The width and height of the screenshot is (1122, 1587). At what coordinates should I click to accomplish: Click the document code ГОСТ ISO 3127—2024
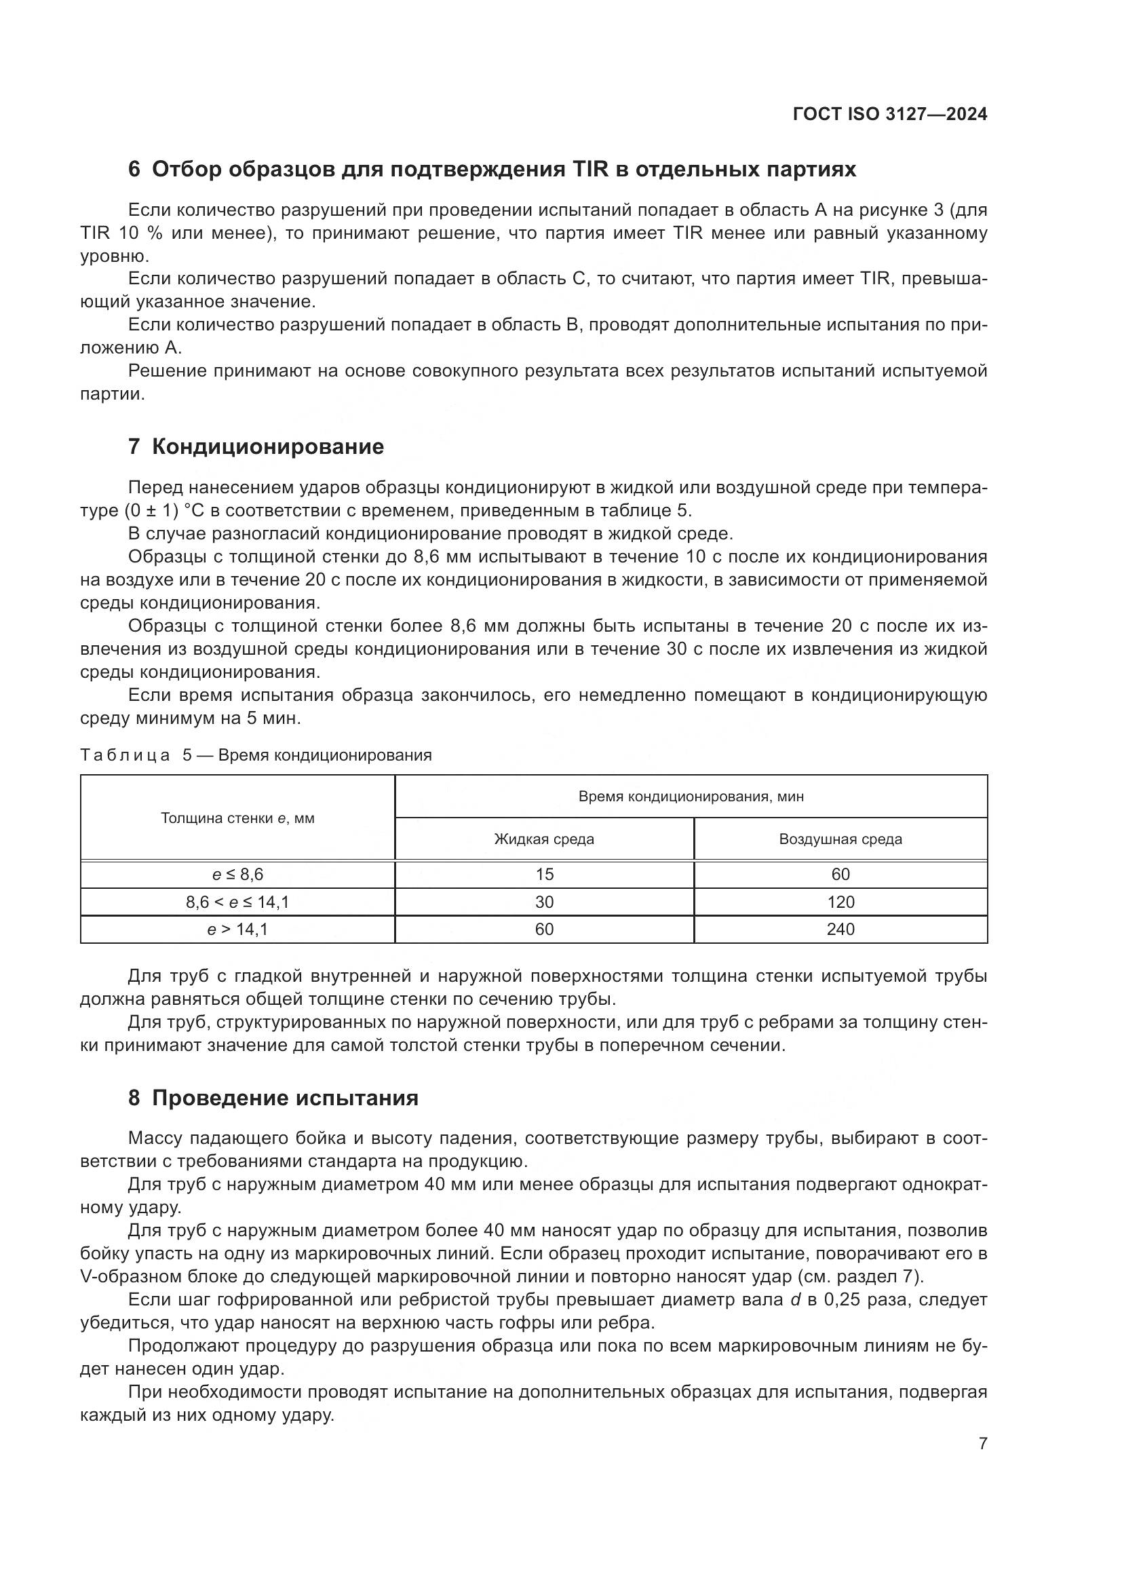[x=890, y=115]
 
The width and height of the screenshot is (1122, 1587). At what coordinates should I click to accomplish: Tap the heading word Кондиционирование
[x=267, y=446]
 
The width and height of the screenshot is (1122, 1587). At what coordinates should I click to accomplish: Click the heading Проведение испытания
[x=285, y=1098]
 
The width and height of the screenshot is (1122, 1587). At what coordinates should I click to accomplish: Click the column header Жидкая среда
[x=544, y=839]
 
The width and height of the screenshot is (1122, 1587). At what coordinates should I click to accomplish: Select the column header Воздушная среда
[x=840, y=839]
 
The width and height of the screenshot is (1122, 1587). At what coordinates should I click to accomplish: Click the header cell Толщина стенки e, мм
[x=237, y=818]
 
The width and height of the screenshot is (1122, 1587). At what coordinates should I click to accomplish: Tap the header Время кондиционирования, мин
[x=691, y=797]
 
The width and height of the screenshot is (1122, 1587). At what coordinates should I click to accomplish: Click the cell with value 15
[x=544, y=875]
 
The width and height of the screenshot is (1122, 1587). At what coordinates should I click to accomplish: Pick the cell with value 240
[x=840, y=929]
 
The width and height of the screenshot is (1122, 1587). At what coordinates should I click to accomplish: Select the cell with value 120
[x=840, y=902]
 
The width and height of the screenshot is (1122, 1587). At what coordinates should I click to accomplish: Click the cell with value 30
[x=544, y=902]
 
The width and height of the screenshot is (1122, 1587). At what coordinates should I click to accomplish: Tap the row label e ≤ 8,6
[x=237, y=875]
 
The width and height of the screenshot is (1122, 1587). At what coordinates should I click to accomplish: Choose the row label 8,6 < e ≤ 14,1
[x=237, y=902]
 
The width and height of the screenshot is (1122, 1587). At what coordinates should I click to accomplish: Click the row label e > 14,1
[x=237, y=929]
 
